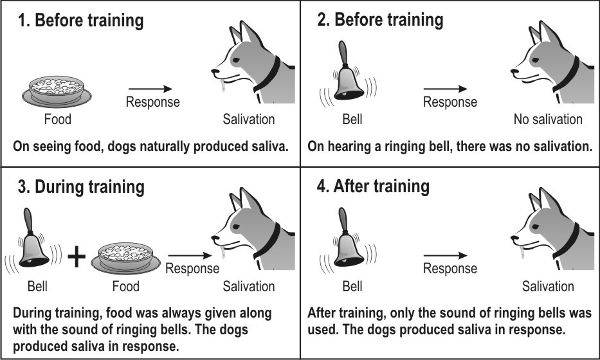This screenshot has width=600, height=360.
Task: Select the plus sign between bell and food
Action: coord(77,256)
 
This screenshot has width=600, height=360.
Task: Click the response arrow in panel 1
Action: coord(150,89)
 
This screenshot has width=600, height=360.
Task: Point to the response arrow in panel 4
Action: coord(446,255)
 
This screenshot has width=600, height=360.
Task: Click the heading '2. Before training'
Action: coord(380,20)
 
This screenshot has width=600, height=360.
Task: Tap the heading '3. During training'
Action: coord(81,187)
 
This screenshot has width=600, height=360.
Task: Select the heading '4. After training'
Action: coord(373,186)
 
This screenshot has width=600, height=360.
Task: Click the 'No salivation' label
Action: coord(548,120)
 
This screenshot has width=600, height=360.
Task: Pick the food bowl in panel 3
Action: coord(125,258)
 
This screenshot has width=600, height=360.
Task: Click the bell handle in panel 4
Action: coord(343,220)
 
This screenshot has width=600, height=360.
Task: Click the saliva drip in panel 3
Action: coord(223,253)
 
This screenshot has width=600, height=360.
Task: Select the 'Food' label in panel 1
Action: coord(58,120)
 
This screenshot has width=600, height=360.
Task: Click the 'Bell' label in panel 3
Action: coord(37,286)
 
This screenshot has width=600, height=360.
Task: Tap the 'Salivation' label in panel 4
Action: coord(548,286)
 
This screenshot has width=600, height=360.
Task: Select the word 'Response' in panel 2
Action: coord(450,102)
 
